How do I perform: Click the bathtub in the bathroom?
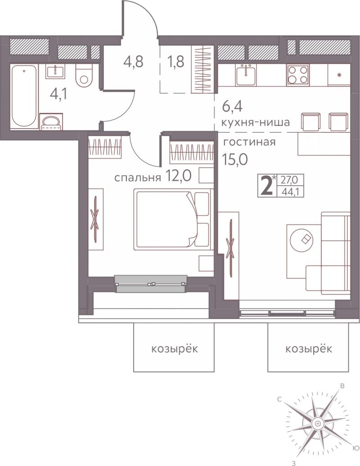pos(24,96)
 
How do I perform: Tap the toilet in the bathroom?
pos(84,76)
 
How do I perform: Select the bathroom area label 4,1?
pos(58,94)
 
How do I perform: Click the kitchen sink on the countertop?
pos(246,75)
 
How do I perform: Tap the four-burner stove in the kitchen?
pos(298,75)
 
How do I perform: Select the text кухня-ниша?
pos(255,122)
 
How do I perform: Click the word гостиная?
pos(249,142)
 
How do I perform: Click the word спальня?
pos(138,178)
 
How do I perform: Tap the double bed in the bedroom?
pos(174,220)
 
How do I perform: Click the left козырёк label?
pos(174,348)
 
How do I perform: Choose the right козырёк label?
pos(309,348)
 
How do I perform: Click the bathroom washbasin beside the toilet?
pos(55,72)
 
